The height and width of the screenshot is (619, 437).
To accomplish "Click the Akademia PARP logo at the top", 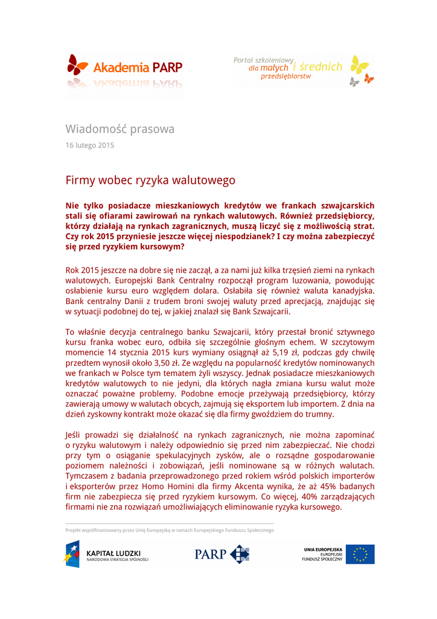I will point(124,68).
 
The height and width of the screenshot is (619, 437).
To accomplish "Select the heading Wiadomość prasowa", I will point(120,129).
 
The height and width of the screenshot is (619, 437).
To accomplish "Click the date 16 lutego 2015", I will point(89,145).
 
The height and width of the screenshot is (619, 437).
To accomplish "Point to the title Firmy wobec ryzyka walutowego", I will point(150,180).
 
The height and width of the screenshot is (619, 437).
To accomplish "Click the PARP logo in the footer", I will point(222,554).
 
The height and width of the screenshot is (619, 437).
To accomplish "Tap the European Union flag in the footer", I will point(360,554).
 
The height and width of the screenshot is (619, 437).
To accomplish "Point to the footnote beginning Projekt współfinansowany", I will point(170,530).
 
